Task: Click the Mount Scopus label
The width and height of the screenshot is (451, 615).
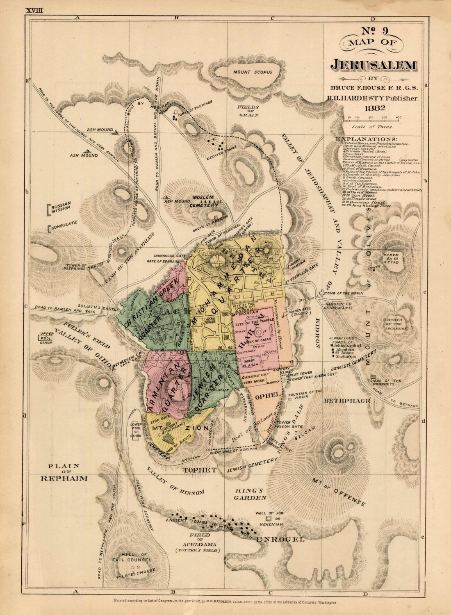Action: [253, 72]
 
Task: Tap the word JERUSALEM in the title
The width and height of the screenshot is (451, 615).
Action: [374, 65]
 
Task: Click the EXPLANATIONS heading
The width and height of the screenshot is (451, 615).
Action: [367, 139]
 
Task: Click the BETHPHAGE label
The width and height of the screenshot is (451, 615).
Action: [347, 401]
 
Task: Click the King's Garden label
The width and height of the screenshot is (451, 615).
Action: [251, 494]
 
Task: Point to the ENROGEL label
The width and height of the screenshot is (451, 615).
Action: [280, 540]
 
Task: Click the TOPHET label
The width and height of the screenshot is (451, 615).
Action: [199, 471]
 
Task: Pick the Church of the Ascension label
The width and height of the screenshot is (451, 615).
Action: [396, 324]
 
